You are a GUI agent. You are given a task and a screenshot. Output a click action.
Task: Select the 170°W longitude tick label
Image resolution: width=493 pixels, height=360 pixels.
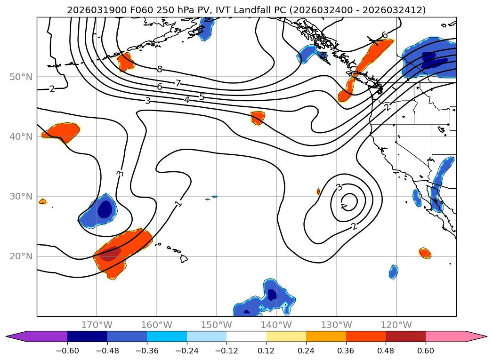(x=97, y=325)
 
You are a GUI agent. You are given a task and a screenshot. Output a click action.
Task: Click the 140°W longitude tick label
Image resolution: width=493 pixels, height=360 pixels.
(x=276, y=325)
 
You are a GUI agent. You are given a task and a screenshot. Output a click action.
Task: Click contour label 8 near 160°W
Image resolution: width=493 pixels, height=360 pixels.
(x=160, y=70)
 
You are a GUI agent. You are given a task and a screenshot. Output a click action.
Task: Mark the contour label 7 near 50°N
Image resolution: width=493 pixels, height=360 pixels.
(x=178, y=83)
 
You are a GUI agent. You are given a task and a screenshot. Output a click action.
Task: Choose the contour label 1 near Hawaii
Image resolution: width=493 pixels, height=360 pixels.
(x=178, y=203)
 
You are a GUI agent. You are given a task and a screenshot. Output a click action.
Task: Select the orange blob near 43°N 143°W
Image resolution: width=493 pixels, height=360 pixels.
(x=258, y=118)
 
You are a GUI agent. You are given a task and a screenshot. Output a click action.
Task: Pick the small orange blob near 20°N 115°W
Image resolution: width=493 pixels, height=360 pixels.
(x=425, y=253)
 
